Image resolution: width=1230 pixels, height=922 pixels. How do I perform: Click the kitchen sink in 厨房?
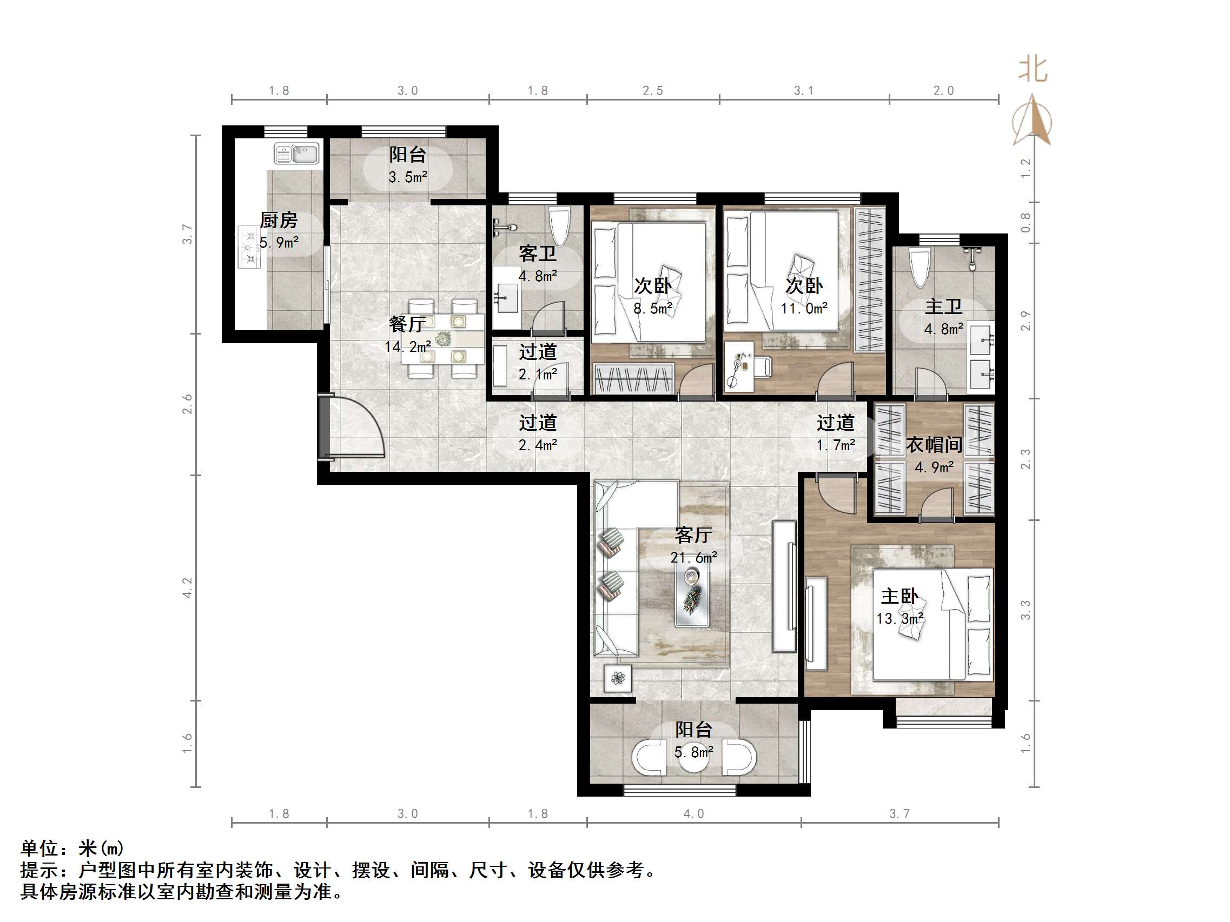click(x=296, y=154)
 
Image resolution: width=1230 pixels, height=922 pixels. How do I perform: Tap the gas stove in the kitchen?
click(x=250, y=247)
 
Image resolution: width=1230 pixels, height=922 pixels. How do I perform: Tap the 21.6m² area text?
click(x=693, y=557)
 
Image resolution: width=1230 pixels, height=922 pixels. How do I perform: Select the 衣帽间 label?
click(x=934, y=445)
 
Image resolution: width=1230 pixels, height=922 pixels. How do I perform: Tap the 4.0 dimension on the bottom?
click(x=693, y=813)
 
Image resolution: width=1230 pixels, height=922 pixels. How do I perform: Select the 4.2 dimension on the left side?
click(x=187, y=587)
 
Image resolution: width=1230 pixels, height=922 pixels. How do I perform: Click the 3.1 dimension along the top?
click(x=804, y=91)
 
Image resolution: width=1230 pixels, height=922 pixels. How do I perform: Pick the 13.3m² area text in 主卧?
click(x=900, y=619)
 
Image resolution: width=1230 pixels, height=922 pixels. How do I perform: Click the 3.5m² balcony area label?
click(x=408, y=177)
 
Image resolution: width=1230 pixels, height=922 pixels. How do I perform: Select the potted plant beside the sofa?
click(x=618, y=678)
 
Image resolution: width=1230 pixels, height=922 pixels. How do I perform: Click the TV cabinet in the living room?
click(x=784, y=586)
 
